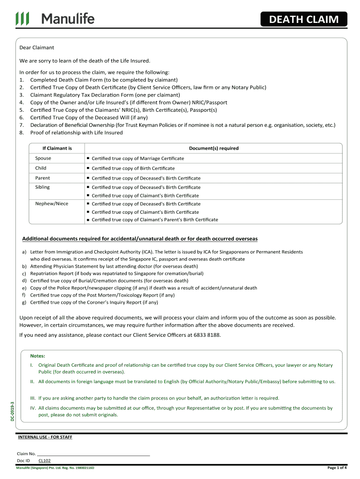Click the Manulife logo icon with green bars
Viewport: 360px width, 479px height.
(22, 19)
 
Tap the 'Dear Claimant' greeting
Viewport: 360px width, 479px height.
(36, 48)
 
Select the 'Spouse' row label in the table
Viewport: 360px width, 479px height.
(43, 158)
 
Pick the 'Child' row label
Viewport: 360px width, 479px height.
(41, 168)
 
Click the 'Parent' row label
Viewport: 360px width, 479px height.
(42, 178)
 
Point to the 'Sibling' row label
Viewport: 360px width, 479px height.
(42, 187)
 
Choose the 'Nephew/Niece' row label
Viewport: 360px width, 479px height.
(51, 204)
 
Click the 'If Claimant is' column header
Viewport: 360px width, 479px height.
(57, 148)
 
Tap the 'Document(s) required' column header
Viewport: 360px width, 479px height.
(214, 148)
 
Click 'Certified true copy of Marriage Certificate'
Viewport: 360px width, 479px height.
(137, 159)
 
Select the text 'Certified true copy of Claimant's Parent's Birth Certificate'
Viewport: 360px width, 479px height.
(154, 220)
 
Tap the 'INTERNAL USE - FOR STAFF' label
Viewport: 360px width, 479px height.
(45, 437)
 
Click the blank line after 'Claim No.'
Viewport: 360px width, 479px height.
(93, 454)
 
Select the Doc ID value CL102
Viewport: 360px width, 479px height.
(44, 461)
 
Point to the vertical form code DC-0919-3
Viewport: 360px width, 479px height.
(13, 411)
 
